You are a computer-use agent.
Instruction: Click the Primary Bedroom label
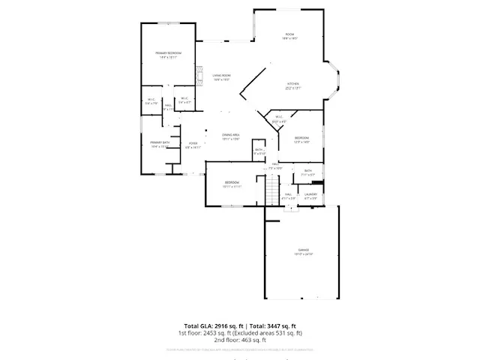coord(169,52)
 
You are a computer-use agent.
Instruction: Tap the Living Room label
coord(220,76)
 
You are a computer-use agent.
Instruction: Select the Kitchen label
coord(293,84)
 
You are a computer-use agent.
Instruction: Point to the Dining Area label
coord(230,135)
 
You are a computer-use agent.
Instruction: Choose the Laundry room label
coord(310,194)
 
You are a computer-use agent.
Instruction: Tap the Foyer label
coord(193,143)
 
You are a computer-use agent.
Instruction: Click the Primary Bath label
coord(159,142)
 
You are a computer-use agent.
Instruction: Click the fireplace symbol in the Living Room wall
coord(198,75)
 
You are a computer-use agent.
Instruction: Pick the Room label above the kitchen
coord(289,34)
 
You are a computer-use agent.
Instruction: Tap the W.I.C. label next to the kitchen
coord(277,117)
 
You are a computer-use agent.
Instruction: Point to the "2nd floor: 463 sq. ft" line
coord(240,339)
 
